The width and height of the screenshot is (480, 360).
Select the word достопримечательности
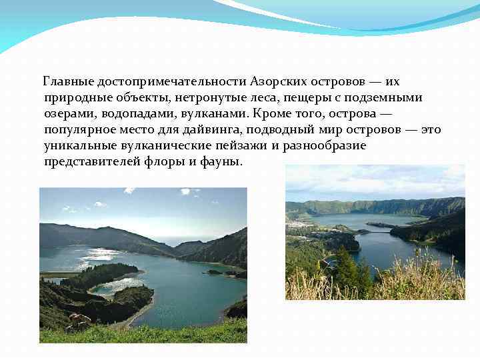click(x=172, y=82)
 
